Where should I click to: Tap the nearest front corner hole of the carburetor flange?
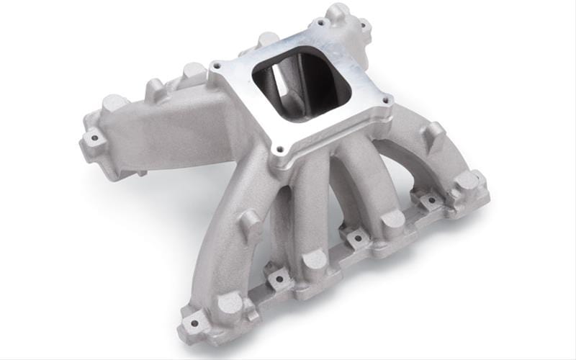(x=275, y=150)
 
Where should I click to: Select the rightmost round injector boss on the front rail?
(x=467, y=179)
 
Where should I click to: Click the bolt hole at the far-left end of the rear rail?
(x=91, y=138)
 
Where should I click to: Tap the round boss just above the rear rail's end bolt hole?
(x=114, y=103)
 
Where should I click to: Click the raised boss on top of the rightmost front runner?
(x=433, y=132)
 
